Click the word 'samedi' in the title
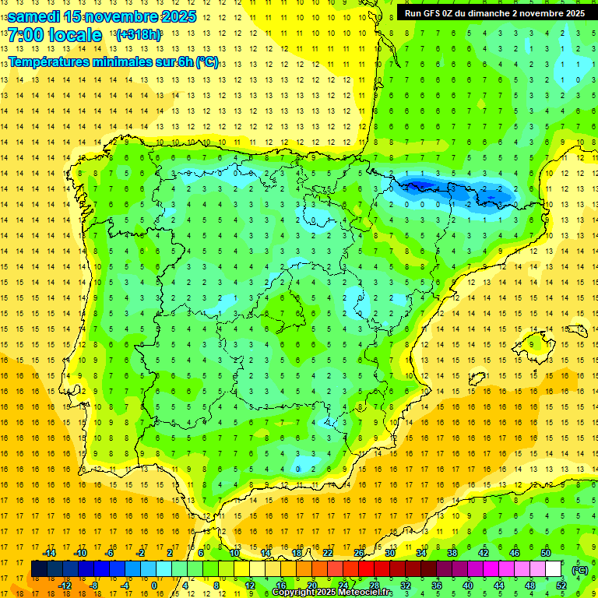click(34, 16)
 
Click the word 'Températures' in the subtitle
click(55, 62)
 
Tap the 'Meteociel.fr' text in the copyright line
click(366, 593)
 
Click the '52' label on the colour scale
click(561, 586)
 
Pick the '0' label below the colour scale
click(153, 586)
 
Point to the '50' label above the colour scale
click(546, 553)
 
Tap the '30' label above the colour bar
click(390, 553)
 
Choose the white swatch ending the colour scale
click(554, 569)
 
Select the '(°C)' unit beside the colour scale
click(580, 569)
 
